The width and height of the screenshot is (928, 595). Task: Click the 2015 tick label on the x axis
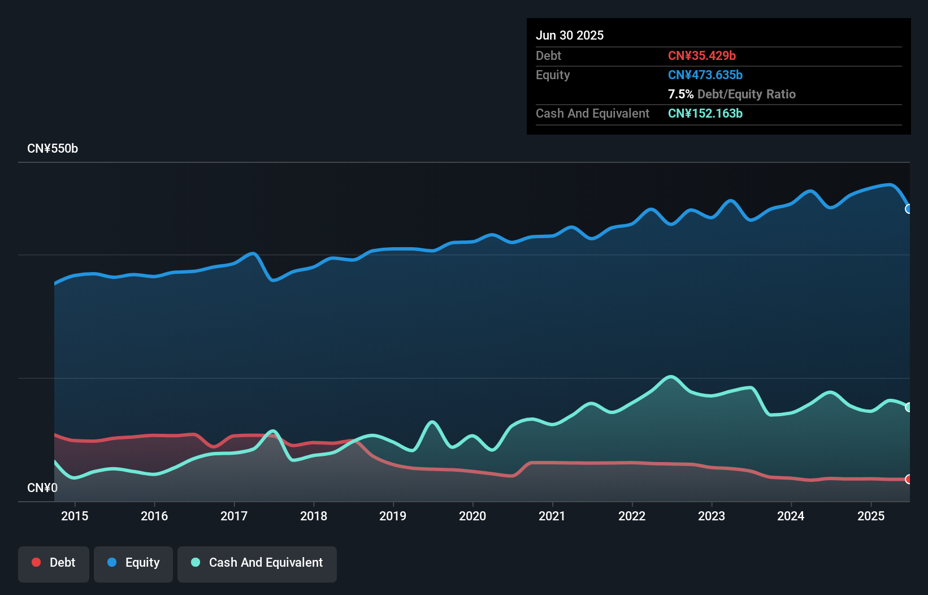pos(75,516)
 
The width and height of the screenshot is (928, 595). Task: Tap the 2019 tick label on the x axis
pos(393,516)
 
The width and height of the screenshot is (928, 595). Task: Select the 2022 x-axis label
pos(632,516)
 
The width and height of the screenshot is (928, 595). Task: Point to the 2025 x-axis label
pos(871,516)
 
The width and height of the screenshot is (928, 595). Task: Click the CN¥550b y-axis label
pos(53,149)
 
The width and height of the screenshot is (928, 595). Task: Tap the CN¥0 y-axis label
pos(42,488)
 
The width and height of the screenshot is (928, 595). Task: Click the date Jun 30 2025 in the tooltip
pos(570,35)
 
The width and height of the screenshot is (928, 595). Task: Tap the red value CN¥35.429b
pos(702,55)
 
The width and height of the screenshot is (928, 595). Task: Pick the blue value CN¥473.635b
pos(705,75)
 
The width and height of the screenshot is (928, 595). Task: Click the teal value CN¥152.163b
pos(705,113)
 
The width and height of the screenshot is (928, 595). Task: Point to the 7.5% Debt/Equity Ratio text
pos(732,94)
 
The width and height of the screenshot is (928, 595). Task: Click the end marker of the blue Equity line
pos(909,209)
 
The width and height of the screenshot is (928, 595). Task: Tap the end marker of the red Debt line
pos(909,479)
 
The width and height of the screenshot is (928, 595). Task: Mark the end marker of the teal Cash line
pos(909,407)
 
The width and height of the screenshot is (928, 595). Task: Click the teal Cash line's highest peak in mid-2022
pos(671,377)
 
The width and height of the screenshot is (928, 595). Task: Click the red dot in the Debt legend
pos(36,562)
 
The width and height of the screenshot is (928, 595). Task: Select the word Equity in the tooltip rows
pos(553,75)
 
